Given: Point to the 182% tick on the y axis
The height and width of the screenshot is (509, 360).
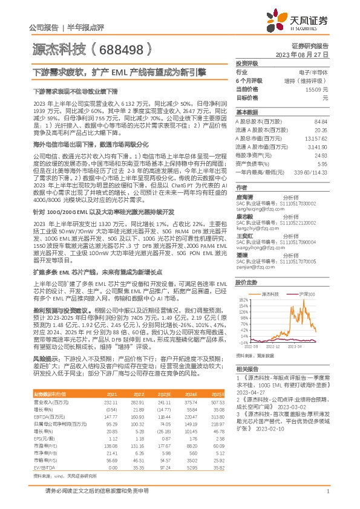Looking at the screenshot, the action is [243, 299].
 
